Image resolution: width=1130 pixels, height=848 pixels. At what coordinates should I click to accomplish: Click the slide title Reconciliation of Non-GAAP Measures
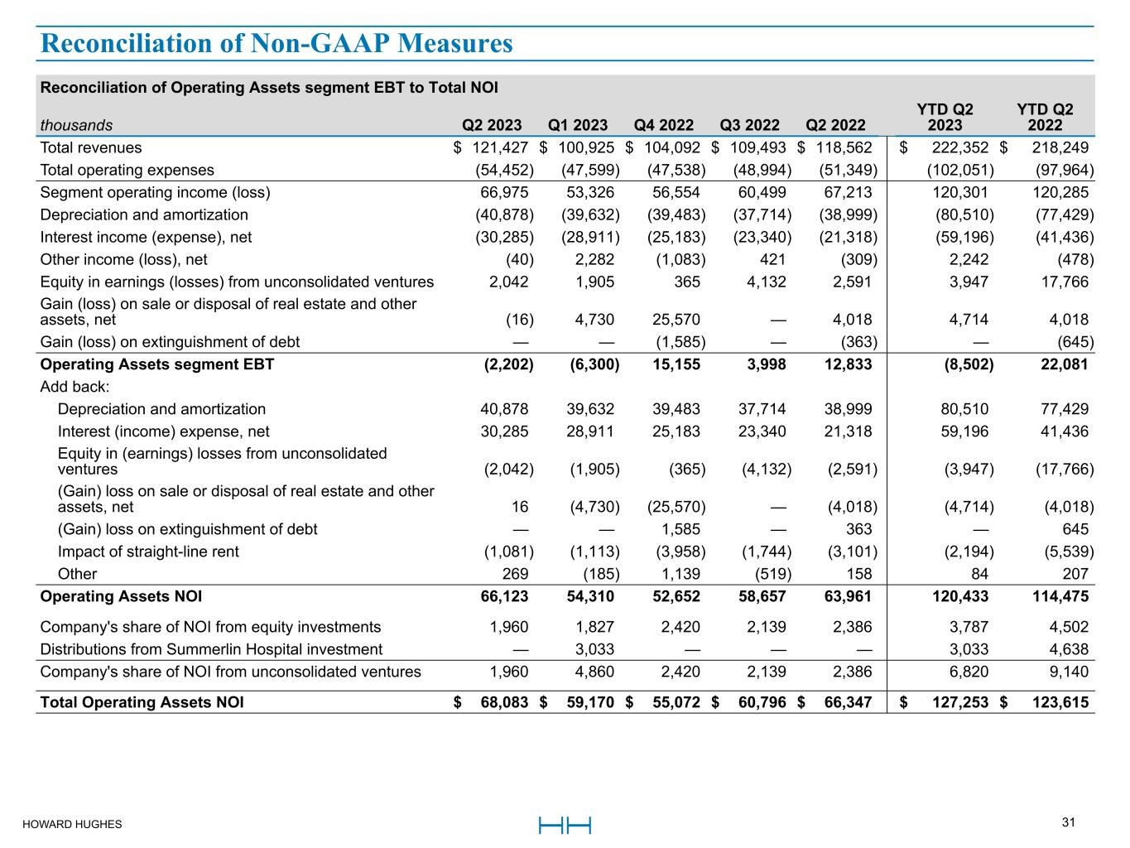(276, 43)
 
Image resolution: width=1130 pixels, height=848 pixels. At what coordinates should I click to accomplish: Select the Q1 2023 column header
(578, 125)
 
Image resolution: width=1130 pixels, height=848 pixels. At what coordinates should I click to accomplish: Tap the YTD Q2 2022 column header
(1044, 117)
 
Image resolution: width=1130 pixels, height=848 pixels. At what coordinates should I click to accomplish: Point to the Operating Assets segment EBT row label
(157, 364)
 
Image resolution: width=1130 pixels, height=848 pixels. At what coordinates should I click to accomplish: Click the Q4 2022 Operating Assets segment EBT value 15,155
(676, 364)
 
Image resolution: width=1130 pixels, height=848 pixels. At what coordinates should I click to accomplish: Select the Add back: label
(75, 387)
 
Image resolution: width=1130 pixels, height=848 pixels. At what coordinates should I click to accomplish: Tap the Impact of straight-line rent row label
(148, 552)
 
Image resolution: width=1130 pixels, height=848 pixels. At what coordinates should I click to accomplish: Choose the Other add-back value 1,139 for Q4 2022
(680, 574)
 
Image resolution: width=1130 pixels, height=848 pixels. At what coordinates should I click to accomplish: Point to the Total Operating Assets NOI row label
(142, 702)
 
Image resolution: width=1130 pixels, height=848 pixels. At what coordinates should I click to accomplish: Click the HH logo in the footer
(565, 825)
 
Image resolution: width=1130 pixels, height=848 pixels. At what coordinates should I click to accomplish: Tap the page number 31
(1068, 822)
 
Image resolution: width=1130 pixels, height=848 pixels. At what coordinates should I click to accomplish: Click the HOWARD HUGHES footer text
(72, 824)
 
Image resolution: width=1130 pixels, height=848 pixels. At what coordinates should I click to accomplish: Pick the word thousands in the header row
(76, 126)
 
